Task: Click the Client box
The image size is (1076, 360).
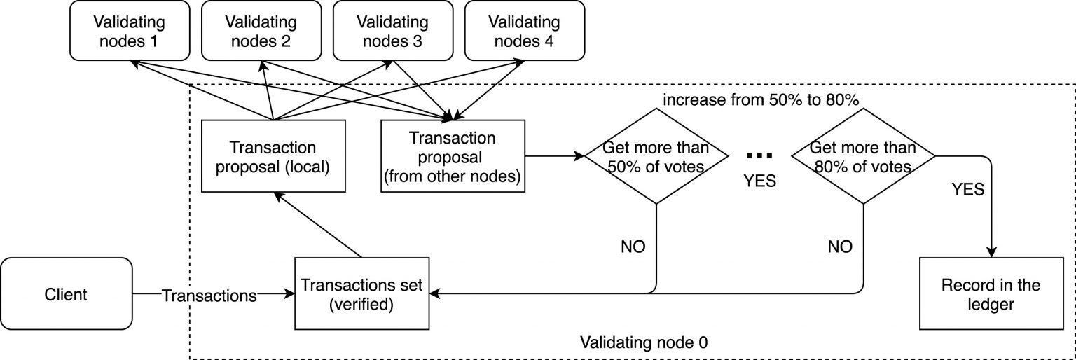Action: pos(66,294)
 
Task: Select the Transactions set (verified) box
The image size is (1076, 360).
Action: pos(361,294)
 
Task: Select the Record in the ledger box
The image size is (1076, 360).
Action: pos(991,294)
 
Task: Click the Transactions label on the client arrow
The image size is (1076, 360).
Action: pos(209,296)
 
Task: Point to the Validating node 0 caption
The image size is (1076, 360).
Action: pos(644,343)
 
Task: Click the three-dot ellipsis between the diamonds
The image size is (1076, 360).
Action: pos(759,155)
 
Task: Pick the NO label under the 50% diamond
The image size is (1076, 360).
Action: pos(633,247)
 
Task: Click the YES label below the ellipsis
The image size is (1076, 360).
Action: pos(759,181)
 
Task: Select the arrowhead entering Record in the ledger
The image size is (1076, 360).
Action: pos(992,251)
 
